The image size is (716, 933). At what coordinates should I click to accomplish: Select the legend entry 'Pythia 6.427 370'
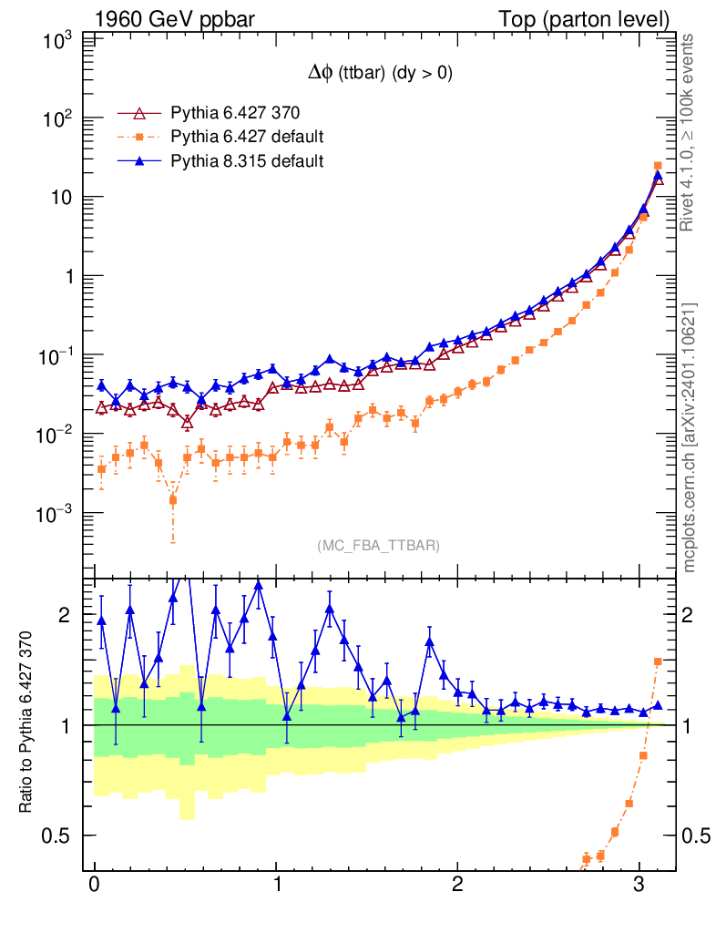(x=235, y=113)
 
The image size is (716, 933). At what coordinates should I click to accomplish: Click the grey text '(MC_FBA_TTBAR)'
(x=379, y=546)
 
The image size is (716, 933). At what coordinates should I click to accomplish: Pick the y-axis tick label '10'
(x=62, y=198)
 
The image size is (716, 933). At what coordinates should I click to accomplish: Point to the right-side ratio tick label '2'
(x=690, y=615)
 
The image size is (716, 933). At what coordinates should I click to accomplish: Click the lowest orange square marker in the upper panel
(x=173, y=500)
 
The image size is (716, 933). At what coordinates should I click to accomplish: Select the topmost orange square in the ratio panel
(x=658, y=661)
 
